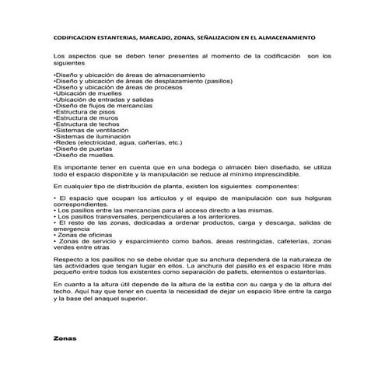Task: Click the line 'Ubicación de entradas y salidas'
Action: (x=96, y=99)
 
